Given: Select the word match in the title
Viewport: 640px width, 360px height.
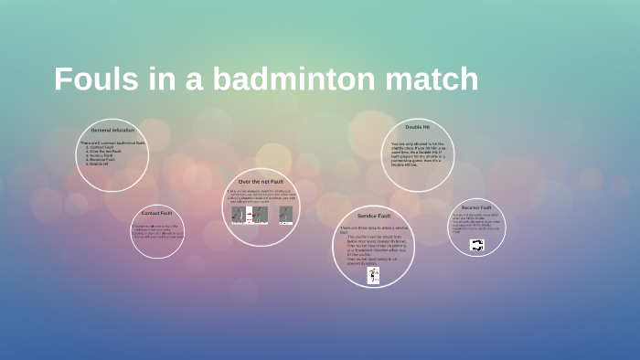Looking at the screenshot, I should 431,79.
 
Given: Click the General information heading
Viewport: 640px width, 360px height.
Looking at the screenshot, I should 112,131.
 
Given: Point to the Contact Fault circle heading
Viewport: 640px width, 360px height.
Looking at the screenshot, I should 156,213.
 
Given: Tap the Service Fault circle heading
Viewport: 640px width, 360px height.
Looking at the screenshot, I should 374,216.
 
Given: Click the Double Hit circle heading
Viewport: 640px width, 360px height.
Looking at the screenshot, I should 418,126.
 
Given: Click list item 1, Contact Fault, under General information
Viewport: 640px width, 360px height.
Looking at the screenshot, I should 101,146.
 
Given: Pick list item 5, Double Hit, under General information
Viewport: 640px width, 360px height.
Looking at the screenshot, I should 99,164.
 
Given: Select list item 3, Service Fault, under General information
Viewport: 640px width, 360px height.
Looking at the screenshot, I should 101,155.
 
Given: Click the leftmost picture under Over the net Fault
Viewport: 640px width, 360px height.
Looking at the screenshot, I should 238,215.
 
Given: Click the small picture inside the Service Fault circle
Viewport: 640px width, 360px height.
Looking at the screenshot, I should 373,275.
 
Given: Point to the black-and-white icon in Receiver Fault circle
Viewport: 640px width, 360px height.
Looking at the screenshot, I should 476,245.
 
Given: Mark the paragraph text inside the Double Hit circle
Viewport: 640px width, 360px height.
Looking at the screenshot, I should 417,153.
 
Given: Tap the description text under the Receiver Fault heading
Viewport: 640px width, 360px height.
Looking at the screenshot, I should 476,223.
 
